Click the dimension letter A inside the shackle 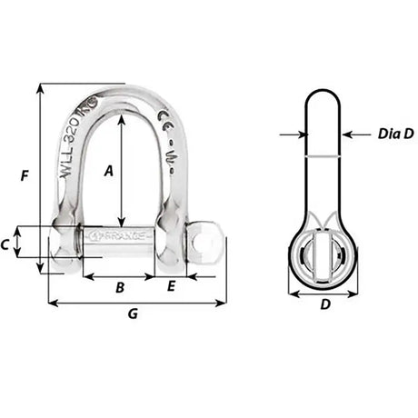[109, 169]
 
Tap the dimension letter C [30, 244]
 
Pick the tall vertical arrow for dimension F [41, 177]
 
